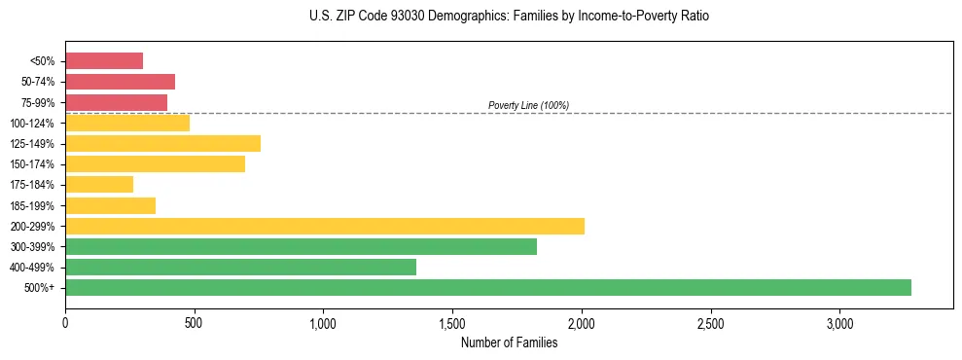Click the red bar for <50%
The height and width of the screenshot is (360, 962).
pos(104,61)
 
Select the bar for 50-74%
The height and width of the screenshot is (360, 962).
pos(120,82)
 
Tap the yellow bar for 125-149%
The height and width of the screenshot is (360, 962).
pos(162,144)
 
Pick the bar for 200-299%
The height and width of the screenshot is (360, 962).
pos(325,226)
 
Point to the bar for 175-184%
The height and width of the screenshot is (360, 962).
pos(99,185)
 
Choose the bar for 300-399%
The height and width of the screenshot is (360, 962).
pos(301,246)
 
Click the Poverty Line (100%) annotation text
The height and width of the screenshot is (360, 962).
pos(528,105)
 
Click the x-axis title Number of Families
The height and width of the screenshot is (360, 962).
pos(509,342)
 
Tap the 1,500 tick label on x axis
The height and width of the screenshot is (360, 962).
pos(452,323)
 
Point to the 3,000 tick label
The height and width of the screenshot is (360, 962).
pos(839,323)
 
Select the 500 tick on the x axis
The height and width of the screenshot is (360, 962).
pos(195,323)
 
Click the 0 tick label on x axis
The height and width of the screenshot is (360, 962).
pos(65,323)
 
